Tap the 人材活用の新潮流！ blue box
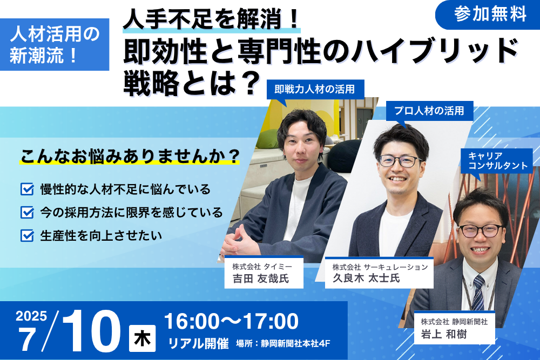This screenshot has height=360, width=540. point(55,44)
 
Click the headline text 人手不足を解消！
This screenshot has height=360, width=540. point(211,19)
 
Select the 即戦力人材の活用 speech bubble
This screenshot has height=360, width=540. point(315,90)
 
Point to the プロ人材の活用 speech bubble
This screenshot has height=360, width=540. point(429,111)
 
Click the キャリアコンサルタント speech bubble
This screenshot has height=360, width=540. point(497,161)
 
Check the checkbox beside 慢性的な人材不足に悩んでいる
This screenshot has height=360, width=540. point(27,189)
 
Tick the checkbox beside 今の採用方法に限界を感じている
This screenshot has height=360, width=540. point(27,212)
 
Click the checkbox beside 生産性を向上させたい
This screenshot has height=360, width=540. point(27,236)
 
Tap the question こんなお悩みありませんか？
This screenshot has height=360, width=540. point(130,157)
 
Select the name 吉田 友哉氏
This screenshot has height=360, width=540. point(261,279)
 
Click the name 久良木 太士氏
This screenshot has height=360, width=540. point(366,278)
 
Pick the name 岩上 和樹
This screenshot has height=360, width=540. point(444,334)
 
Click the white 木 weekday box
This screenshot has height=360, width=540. point(142,338)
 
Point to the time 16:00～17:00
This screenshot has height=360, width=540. point(232,321)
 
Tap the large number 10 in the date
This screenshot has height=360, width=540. point(91,331)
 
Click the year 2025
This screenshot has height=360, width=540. point(31,316)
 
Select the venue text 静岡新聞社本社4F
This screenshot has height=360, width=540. point(295,343)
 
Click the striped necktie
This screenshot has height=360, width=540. point(478,293)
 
